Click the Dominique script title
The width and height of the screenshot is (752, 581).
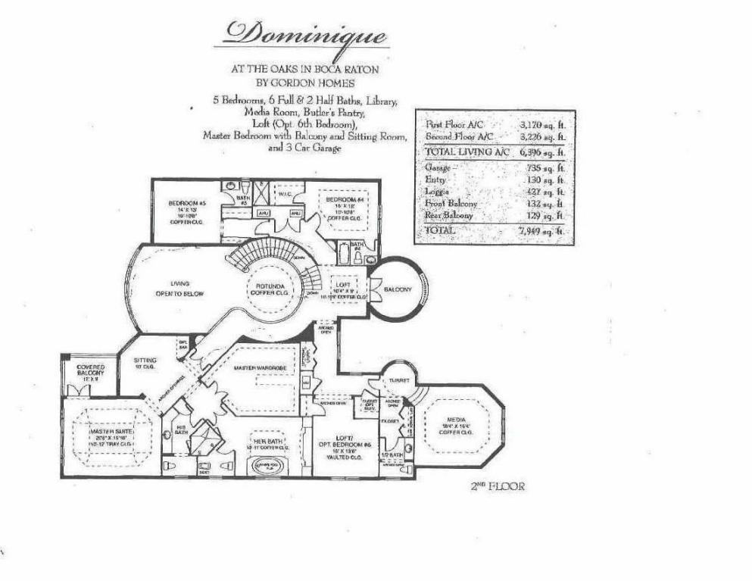305,33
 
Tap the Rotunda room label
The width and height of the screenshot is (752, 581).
264,289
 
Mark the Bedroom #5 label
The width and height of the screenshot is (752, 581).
187,204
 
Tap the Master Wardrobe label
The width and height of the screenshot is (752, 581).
254,368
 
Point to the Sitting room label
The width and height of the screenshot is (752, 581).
144,361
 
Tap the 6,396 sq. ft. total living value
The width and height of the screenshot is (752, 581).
542,151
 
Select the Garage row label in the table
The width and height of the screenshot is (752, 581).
438,167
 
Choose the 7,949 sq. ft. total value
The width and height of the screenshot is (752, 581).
542,230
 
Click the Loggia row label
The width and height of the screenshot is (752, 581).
438,192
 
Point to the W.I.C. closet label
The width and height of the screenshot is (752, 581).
285,193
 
